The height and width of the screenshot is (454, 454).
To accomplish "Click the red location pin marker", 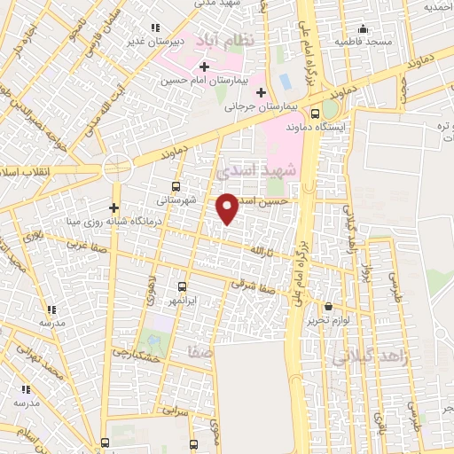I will tap(228, 208).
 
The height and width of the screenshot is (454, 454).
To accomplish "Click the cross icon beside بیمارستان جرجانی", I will tap(260, 93).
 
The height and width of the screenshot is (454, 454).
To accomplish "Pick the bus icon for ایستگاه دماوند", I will tap(316, 113).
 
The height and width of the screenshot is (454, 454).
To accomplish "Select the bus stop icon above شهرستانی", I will tap(175, 187).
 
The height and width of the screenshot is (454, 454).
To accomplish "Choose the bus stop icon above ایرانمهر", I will tap(182, 286).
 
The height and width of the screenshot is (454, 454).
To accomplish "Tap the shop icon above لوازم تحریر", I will tap(327, 305).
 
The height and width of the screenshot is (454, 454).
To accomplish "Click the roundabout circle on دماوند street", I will tap(116, 168).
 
